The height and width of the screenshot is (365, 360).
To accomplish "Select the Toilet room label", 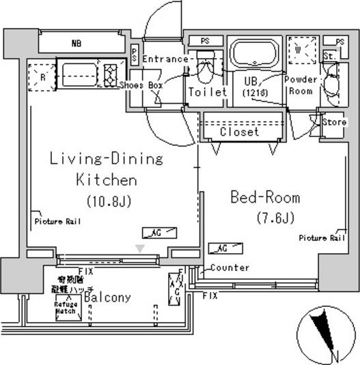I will click(x=206, y=91).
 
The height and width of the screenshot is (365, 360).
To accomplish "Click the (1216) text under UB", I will click(x=255, y=92).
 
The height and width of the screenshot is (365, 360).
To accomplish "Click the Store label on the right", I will click(x=334, y=122).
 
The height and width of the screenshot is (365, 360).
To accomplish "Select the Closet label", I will click(x=239, y=132).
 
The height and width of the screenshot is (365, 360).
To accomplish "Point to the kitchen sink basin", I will click(x=77, y=72).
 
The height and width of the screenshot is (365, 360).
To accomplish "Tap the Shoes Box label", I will click(x=141, y=86).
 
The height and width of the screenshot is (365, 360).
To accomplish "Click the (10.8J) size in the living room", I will click(x=108, y=202).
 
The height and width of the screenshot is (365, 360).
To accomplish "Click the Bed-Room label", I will click(x=265, y=198).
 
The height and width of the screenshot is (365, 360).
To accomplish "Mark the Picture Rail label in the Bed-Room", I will click(x=321, y=238).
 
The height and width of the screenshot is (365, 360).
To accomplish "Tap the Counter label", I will click(x=230, y=267).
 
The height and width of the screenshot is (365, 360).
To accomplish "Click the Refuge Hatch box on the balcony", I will click(x=68, y=308).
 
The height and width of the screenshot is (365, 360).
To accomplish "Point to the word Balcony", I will click(x=107, y=297).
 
